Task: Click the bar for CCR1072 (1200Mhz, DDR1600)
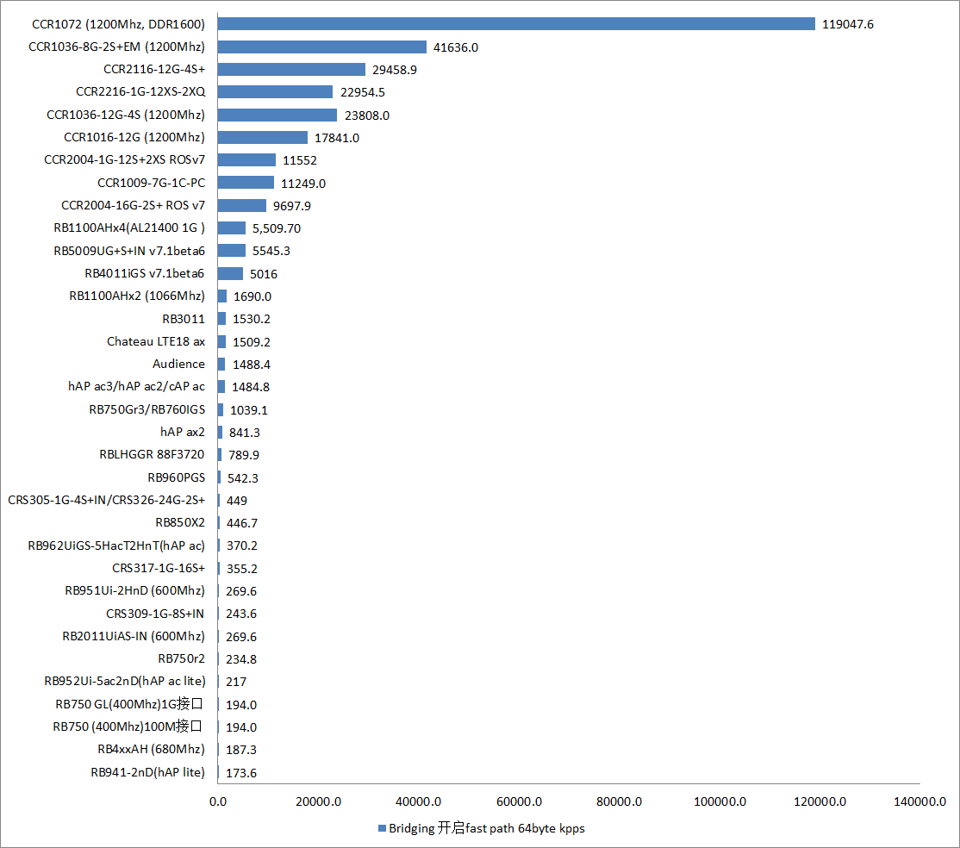(x=516, y=24)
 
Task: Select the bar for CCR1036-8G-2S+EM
(x=322, y=47)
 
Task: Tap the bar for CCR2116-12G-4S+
(x=291, y=69)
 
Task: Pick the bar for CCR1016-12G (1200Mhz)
(x=263, y=137)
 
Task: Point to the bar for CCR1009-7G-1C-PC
(x=246, y=183)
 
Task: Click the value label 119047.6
(x=848, y=25)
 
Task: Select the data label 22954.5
(x=363, y=92)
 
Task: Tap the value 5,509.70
(x=277, y=228)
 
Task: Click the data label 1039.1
(x=249, y=410)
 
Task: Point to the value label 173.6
(x=241, y=773)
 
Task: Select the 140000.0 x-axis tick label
(x=920, y=801)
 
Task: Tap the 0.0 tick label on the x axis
(x=219, y=801)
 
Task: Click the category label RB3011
(x=184, y=319)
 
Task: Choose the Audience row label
(x=178, y=365)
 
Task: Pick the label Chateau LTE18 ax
(x=156, y=342)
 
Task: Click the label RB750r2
(x=181, y=659)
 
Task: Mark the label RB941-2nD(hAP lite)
(x=147, y=773)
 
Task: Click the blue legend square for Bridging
(x=382, y=828)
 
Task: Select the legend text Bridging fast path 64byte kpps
(x=488, y=828)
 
